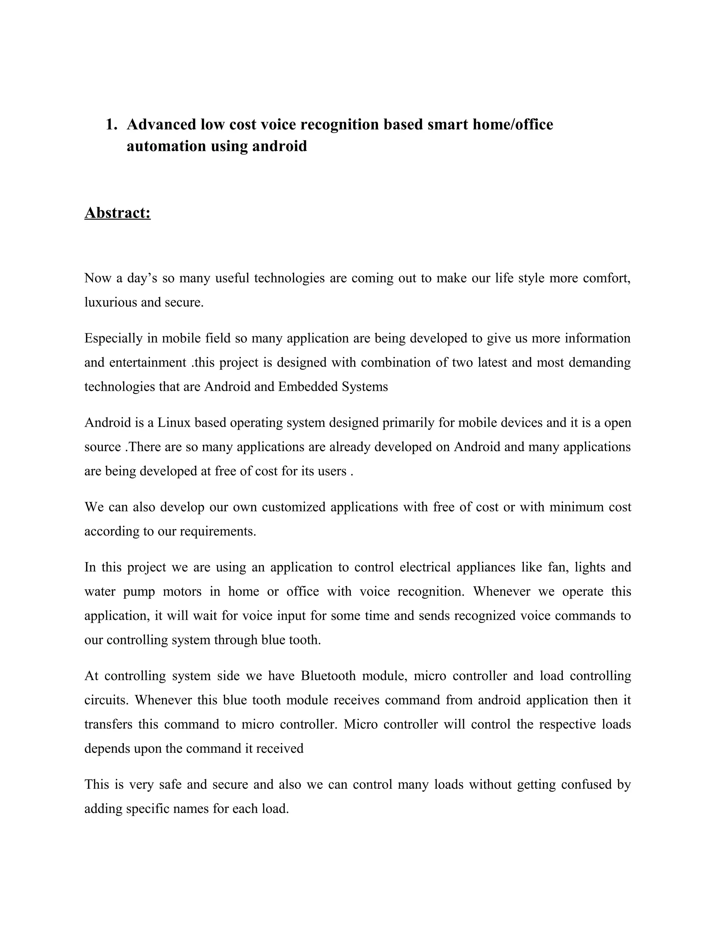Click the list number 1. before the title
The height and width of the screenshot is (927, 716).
tap(111, 125)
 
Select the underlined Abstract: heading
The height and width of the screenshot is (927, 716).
tap(117, 213)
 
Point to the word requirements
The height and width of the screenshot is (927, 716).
tap(218, 531)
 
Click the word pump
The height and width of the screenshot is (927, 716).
tap(139, 592)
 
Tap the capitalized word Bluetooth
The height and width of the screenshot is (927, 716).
tap(328, 676)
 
